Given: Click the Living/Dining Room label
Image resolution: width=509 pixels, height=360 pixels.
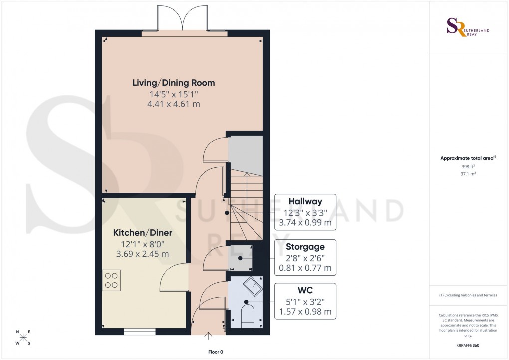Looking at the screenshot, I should tap(173, 82).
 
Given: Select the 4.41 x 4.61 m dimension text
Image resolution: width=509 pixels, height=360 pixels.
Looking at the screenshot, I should tap(173, 104).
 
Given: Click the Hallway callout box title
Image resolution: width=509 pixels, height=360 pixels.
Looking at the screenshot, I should tap(305, 201).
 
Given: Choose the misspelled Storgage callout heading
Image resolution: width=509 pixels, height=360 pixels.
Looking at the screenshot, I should tap(305, 247).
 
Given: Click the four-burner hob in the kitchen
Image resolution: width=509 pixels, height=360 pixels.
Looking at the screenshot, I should tap(111, 280).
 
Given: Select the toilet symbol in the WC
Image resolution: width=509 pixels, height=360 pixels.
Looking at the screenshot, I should tap(247, 318).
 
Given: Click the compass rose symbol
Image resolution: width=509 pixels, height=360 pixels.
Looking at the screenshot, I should tap(23, 338).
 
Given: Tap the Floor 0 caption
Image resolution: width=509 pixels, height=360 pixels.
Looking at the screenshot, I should tap(215, 352).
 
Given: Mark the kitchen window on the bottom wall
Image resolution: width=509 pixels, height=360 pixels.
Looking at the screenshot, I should tap(139, 331).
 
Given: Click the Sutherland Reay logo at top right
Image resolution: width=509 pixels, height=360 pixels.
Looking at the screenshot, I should tap(468, 27).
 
